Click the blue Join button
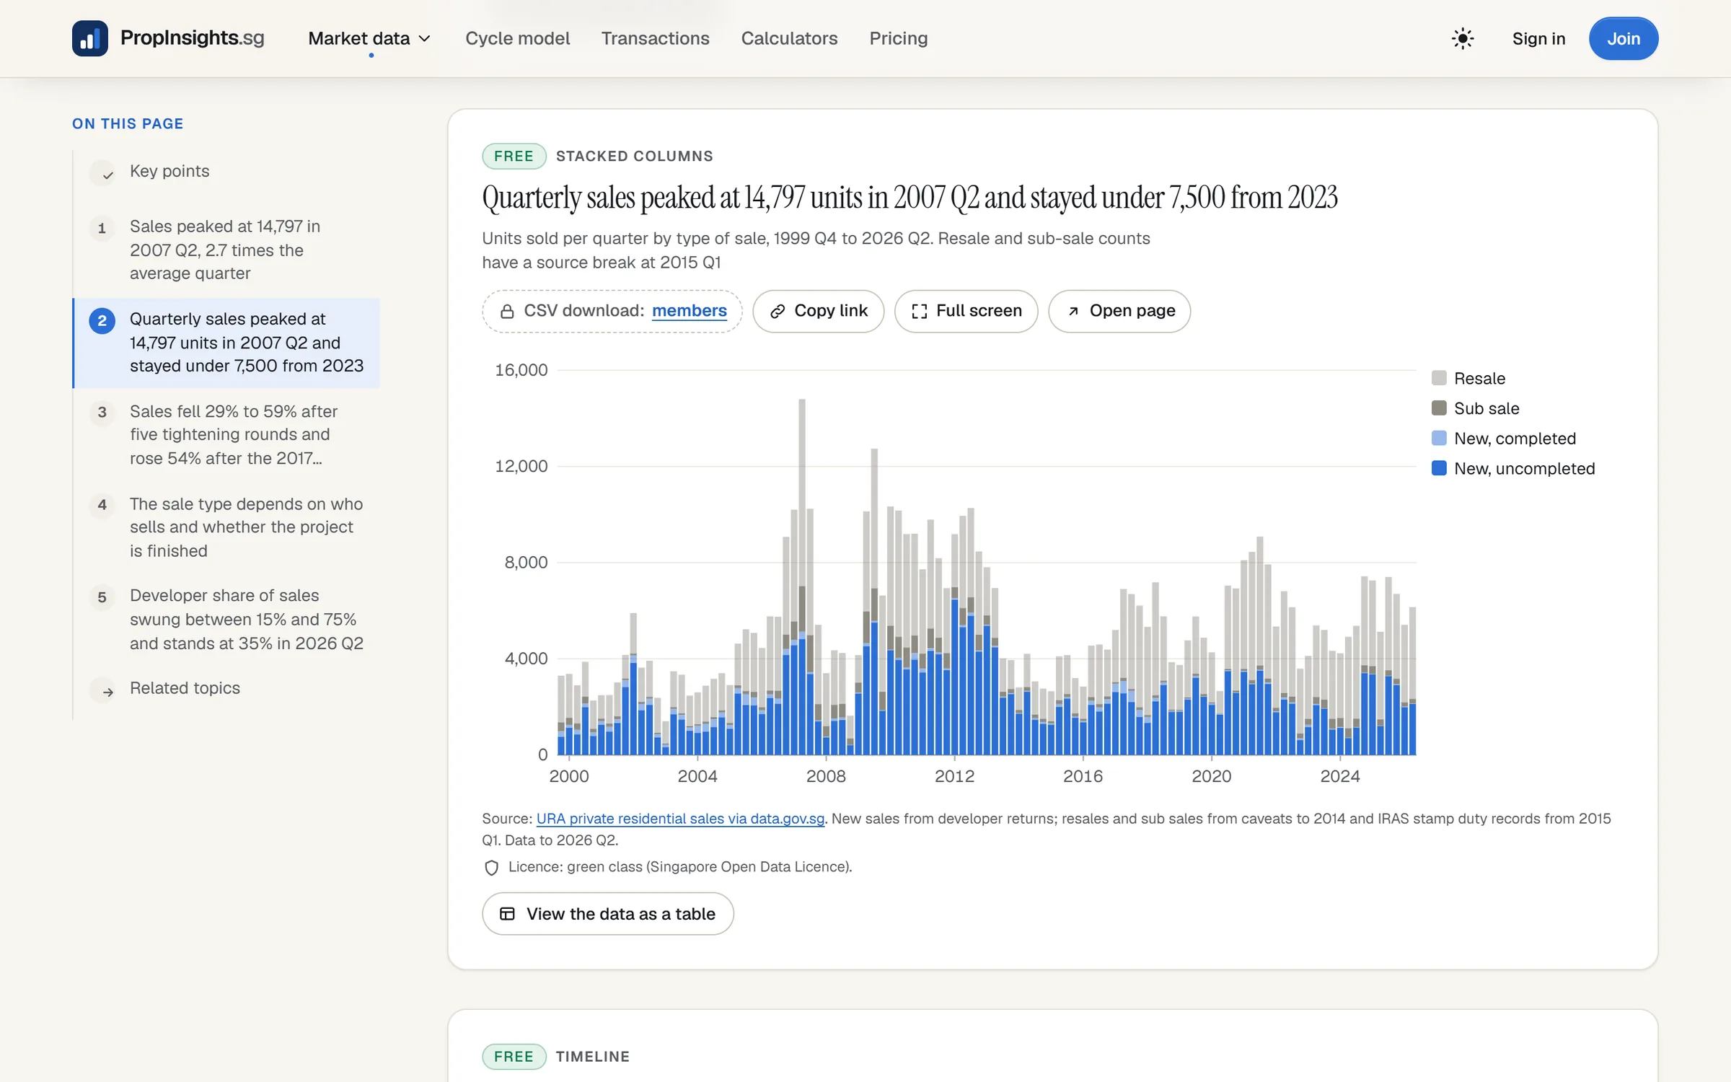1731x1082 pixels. [1623, 38]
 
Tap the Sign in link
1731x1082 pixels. [1538, 38]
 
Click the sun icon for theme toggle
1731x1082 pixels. [1462, 38]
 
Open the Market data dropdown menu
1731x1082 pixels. [369, 38]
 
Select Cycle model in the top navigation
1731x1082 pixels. [517, 38]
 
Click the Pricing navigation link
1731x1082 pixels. [898, 38]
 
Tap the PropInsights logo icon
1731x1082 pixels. [90, 38]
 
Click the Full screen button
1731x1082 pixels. [966, 311]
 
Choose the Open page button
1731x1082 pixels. [1119, 311]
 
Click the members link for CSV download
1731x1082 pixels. [689, 311]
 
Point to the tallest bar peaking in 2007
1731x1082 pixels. [801, 576]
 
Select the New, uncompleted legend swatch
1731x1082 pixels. [1439, 468]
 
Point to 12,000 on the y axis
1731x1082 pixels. [521, 466]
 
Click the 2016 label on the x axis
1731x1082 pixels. [1083, 776]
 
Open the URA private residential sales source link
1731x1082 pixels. [680, 819]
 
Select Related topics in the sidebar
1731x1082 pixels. [185, 688]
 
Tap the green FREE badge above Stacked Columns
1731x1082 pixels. [514, 157]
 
